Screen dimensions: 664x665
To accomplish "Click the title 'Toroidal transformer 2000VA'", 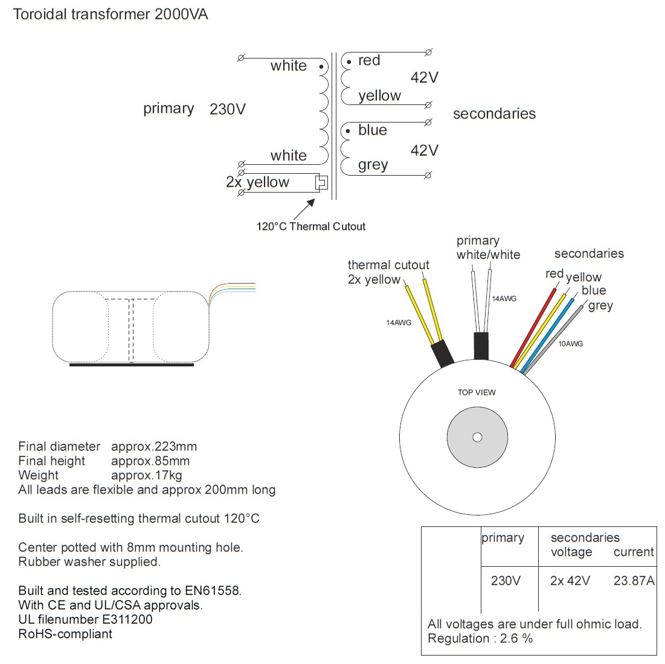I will tap(111, 14).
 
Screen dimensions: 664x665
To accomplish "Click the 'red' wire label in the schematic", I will tap(369, 60).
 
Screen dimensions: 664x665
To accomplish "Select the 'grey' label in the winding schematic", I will tap(373, 165).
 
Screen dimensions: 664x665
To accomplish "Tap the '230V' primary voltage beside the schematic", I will tap(228, 109).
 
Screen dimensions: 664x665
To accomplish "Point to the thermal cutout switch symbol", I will tap(322, 182).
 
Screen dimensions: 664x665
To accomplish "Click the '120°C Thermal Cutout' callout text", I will tap(311, 226).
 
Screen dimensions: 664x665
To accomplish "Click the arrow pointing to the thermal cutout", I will tap(304, 209).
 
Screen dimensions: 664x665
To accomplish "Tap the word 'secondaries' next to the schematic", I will tap(494, 113).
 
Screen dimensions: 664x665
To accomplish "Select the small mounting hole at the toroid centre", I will tap(477, 438).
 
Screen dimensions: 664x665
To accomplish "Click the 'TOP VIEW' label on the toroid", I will tap(477, 392).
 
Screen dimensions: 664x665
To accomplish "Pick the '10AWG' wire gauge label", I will tap(570, 343).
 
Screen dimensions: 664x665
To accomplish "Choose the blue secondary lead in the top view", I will tap(547, 336).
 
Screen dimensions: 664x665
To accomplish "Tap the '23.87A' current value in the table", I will tap(634, 581).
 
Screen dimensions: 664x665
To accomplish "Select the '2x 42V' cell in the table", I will tap(570, 581).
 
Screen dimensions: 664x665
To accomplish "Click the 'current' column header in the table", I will tap(634, 552).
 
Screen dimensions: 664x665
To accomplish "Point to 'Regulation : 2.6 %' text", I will tap(480, 639).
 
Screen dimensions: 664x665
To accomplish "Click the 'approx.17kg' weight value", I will tap(146, 475).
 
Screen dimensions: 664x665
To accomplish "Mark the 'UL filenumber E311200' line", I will tap(85, 619).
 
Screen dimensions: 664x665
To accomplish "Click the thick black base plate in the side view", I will tap(132, 365).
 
